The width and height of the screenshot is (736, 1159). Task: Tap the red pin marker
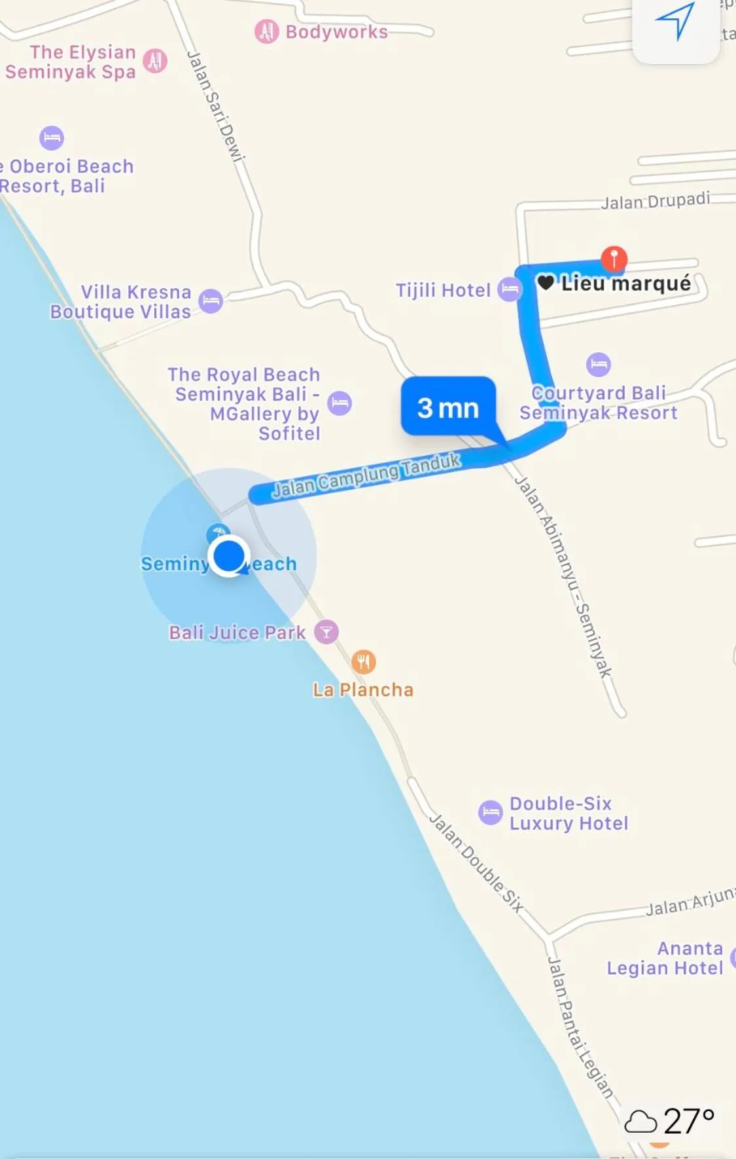click(614, 257)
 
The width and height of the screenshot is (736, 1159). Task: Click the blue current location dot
click(229, 556)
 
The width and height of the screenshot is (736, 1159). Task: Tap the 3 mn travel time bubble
click(448, 407)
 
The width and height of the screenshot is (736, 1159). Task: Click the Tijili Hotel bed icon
click(510, 289)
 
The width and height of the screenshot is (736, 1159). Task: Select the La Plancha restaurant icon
click(364, 662)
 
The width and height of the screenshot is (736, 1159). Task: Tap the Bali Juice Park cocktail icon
click(326, 632)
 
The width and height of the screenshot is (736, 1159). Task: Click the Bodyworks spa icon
click(266, 31)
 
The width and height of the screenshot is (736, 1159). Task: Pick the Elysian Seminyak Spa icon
click(155, 61)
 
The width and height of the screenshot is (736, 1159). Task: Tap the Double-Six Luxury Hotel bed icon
click(490, 813)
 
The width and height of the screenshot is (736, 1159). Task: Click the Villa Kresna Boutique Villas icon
click(211, 301)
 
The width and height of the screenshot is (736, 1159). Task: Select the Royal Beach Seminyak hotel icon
click(340, 403)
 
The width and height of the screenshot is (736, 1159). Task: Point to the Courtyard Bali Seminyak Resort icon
click(598, 364)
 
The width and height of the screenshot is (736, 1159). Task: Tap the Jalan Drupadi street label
click(655, 200)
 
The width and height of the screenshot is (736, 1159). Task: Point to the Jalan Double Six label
click(476, 863)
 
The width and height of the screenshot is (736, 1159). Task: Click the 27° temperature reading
click(688, 1121)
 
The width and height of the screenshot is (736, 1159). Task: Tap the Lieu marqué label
click(625, 284)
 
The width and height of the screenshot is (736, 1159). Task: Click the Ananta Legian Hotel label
click(665, 958)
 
